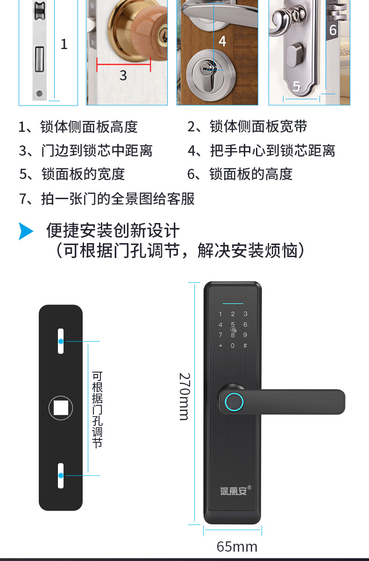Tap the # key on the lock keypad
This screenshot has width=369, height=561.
pos(245,345)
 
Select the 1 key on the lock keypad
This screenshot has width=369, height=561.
pos(220,314)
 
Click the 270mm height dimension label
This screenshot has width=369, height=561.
pos(184,396)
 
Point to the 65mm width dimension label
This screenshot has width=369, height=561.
pos(237,547)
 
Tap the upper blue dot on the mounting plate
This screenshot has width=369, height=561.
pos(61,341)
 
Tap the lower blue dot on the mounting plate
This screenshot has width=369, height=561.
pos(61,475)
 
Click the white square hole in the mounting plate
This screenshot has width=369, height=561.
pos(61,408)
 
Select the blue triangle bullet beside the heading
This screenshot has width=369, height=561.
pos(26,231)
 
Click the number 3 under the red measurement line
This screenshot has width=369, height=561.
pos(123,75)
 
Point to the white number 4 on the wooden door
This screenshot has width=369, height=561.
pos(222,41)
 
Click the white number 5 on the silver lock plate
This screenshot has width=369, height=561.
pos(297,86)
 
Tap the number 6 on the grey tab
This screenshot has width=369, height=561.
pos(333,30)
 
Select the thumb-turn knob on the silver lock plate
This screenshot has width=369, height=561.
pos(295,56)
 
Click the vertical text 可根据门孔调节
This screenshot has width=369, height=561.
pos(97,410)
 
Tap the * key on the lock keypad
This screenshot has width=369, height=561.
pos(220,346)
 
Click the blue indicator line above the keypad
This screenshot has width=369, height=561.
pos(233,303)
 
